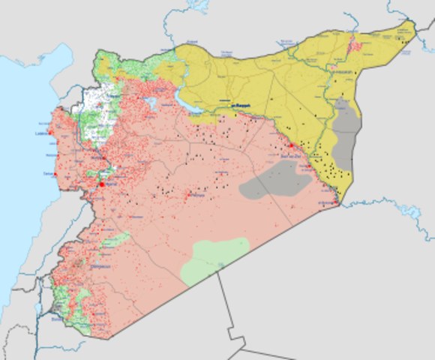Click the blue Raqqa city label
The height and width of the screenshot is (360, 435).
tap(239, 105)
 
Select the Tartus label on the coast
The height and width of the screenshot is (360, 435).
tap(49, 173)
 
